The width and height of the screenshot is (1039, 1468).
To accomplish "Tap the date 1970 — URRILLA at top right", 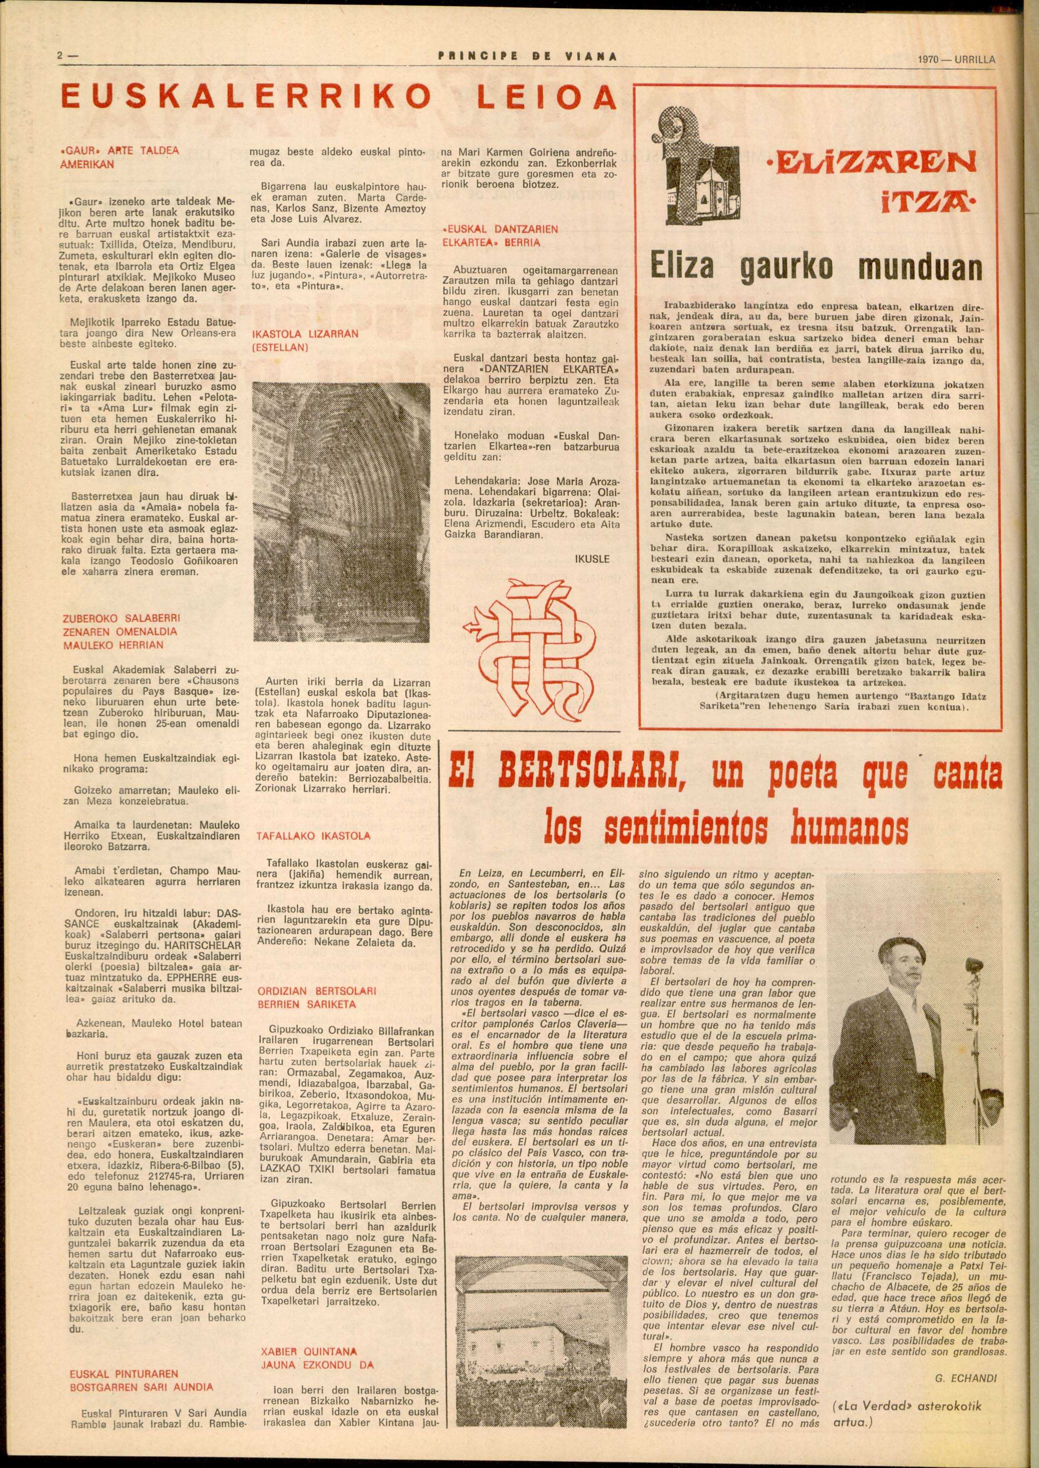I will (x=955, y=60).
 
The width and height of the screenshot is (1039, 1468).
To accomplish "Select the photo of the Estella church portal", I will (x=340, y=529).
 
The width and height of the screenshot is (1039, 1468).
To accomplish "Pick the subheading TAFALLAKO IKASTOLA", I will (x=313, y=836).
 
